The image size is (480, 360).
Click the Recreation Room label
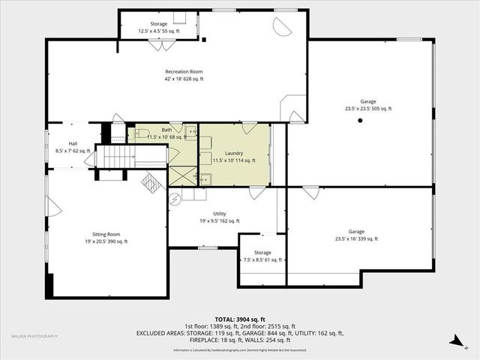[184, 75]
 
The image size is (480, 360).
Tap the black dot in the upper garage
[361, 120]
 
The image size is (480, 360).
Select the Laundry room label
[233, 156]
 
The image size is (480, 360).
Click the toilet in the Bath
[140, 134]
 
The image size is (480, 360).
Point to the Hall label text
[73, 147]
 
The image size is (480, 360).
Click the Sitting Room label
[105, 237]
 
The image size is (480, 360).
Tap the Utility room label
[219, 217]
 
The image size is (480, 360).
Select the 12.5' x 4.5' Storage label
[158, 28]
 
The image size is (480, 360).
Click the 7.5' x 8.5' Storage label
[262, 256]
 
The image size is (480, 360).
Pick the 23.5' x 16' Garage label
[355, 235]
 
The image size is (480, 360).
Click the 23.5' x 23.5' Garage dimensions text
[367, 109]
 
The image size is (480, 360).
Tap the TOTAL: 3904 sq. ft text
[239, 319]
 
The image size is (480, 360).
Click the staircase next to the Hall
[115, 157]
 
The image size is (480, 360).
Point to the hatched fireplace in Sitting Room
[152, 183]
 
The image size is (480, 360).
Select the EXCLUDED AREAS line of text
[239, 333]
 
